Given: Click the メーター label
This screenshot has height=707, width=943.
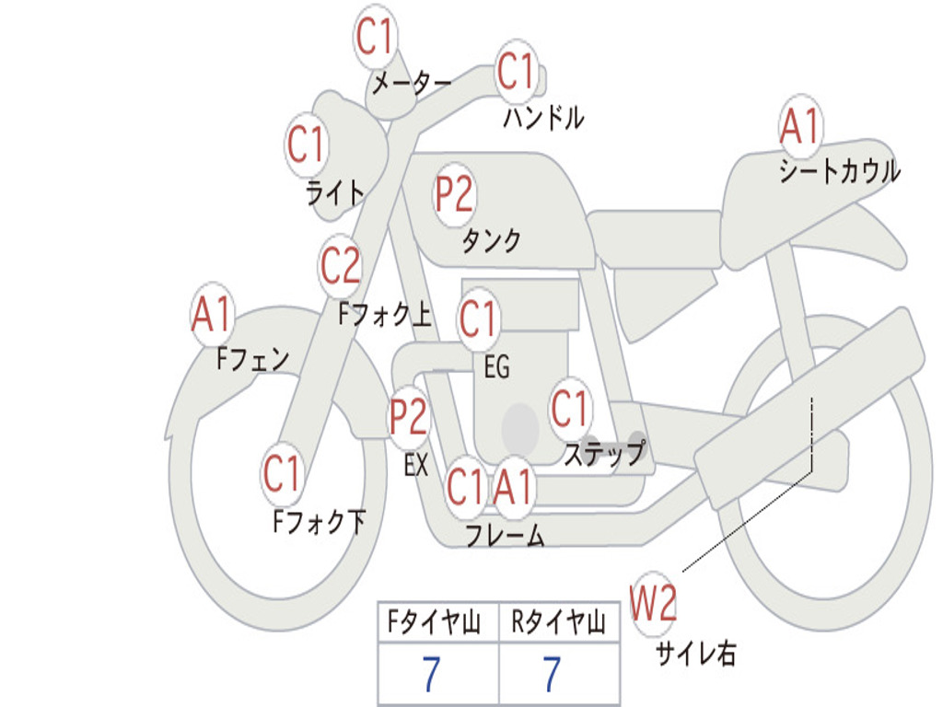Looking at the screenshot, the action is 412,83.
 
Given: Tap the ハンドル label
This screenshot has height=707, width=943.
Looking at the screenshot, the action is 543,117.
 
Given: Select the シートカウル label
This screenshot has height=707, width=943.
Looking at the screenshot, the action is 840,170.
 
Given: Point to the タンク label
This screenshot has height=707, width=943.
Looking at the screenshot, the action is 491,240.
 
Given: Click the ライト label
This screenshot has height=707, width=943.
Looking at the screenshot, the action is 335,193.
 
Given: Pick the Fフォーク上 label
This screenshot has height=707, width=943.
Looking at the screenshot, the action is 384,314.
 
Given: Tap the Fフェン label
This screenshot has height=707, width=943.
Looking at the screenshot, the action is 252,359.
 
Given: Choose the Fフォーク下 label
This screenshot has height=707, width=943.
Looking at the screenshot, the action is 319,521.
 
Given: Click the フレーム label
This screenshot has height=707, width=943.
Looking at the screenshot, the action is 506,535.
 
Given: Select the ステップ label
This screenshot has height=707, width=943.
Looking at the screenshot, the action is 604,453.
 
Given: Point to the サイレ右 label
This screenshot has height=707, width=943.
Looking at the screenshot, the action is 695,653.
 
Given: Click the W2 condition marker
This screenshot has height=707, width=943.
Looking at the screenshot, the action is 653,603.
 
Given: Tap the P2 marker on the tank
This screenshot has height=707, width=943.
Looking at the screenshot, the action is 454,195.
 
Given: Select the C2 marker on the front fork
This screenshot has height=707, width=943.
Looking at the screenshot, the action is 340,265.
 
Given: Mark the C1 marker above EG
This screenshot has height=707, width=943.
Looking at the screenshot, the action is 478,319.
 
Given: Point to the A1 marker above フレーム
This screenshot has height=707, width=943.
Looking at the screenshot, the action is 513,486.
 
